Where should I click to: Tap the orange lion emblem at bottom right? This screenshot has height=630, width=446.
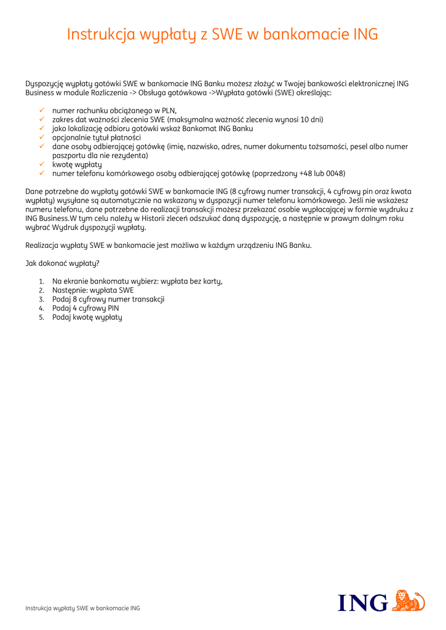[x=408, y=600]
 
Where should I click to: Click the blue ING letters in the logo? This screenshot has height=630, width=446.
[x=363, y=602]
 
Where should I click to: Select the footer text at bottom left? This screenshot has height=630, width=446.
[x=82, y=608]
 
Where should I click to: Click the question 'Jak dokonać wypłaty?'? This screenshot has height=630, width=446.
[x=62, y=263]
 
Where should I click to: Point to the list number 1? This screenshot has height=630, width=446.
[x=41, y=281]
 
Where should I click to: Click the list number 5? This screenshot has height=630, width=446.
[x=41, y=317]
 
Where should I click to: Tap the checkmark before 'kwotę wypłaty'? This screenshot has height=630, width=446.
[x=41, y=164]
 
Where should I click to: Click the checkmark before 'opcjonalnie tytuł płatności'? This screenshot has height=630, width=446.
[x=41, y=137]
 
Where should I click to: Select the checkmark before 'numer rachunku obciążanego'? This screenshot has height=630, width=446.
[x=41, y=110]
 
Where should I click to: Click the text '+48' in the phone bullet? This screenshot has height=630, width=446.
[x=306, y=173]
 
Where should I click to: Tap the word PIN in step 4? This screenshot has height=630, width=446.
[x=113, y=308]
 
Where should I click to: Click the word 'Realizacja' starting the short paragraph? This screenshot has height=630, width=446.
[x=42, y=245]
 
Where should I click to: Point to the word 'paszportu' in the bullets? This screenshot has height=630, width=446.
[x=69, y=156]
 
